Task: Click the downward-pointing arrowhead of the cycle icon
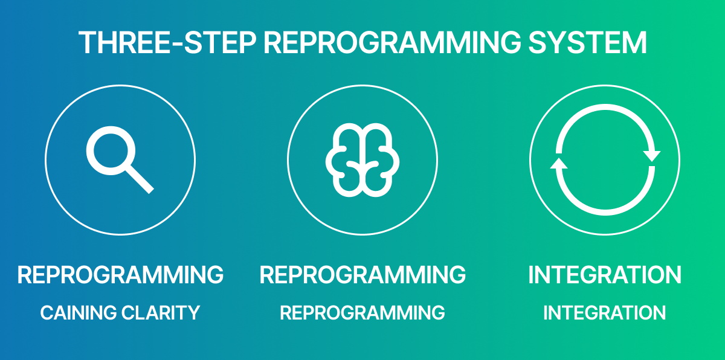[652, 155]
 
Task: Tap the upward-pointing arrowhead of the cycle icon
[558, 164]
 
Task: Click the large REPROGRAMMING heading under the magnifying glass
[120, 275]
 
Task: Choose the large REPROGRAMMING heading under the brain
[362, 275]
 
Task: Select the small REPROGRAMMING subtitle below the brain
[362, 313]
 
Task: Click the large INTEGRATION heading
[605, 275]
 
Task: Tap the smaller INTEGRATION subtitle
[605, 313]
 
